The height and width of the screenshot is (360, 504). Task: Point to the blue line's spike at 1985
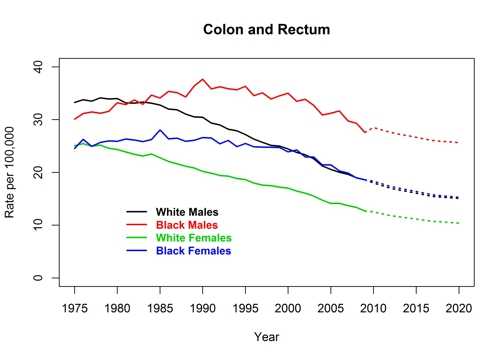[160, 130]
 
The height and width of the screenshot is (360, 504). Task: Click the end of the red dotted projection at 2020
[459, 143]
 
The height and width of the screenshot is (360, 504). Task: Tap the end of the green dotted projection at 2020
[459, 223]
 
